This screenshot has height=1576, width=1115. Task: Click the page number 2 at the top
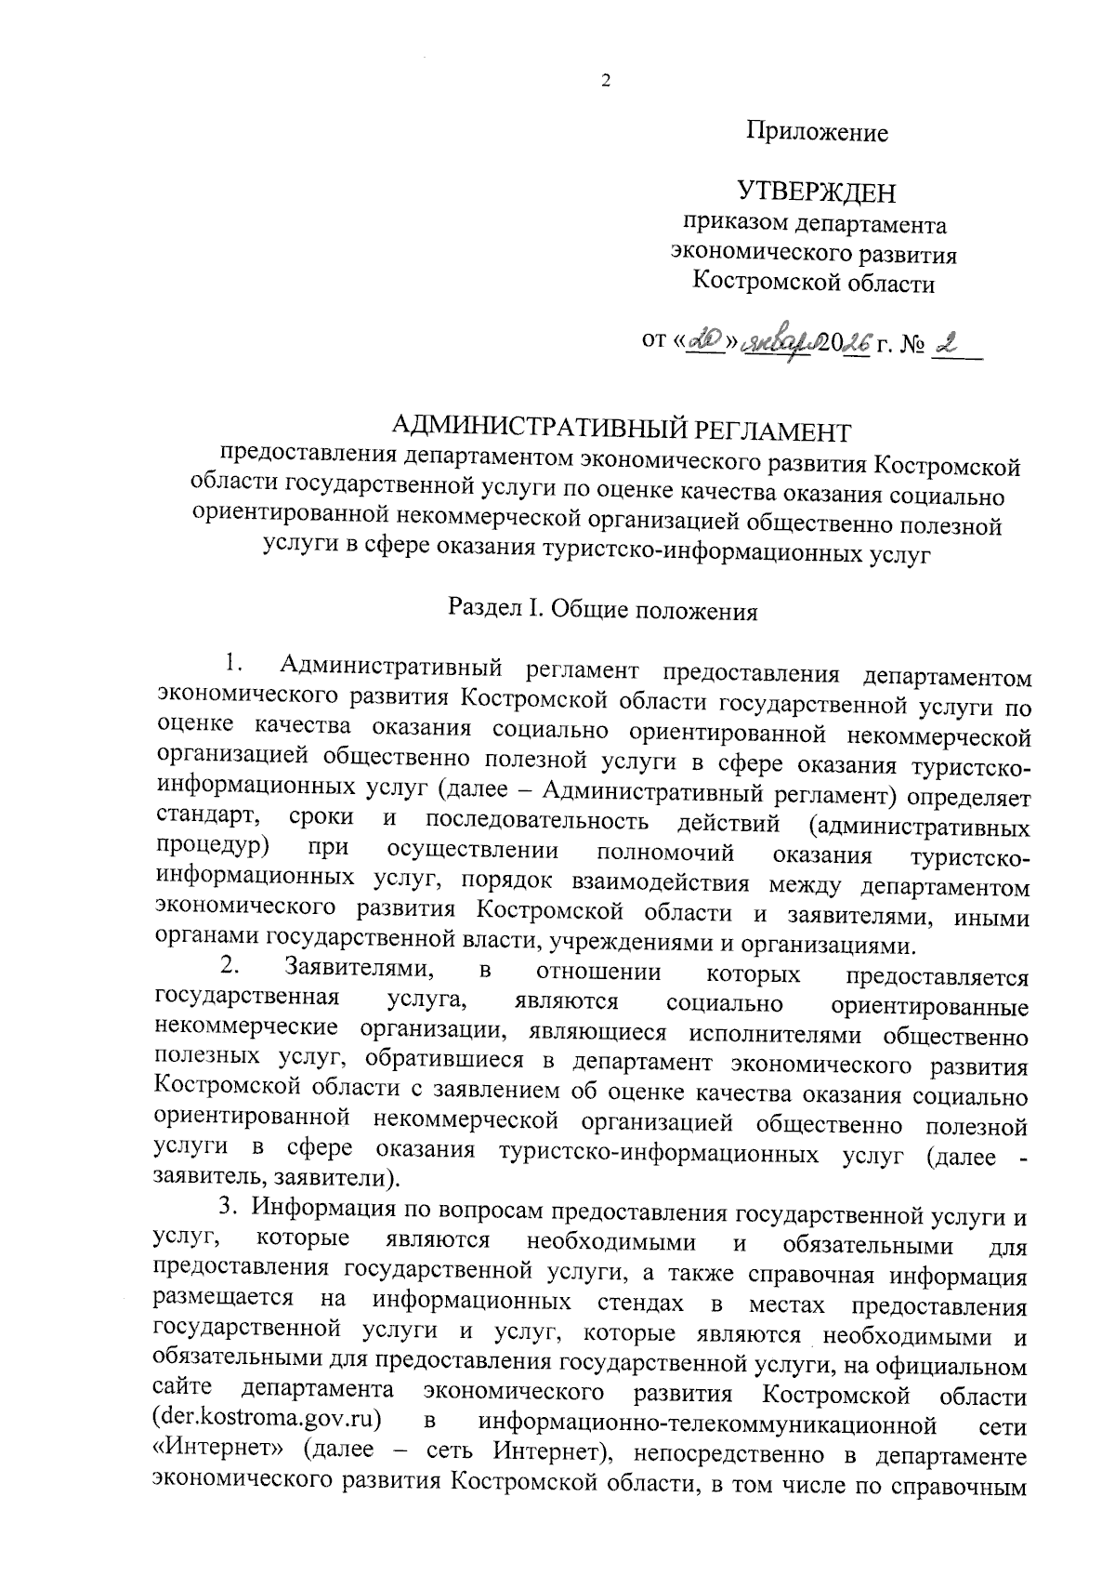click(606, 82)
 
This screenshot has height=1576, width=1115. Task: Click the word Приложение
click(818, 133)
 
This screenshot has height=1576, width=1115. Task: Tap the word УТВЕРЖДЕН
click(817, 192)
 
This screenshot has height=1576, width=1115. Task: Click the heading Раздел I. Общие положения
click(603, 611)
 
